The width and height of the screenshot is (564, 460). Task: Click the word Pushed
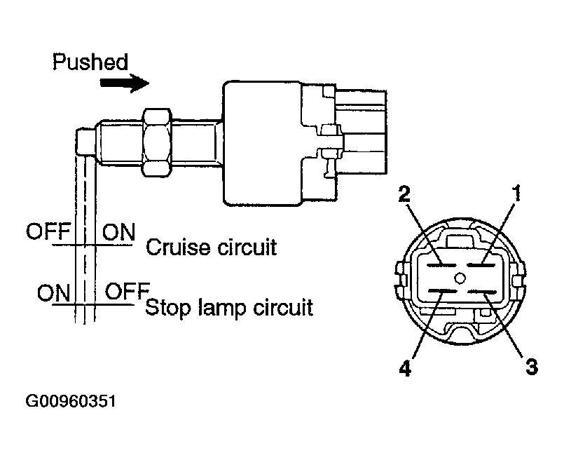point(90,62)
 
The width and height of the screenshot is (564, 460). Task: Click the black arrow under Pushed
point(125,83)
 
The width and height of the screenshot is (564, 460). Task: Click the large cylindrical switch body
point(262,144)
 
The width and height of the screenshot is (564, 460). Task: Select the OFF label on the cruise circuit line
point(48,231)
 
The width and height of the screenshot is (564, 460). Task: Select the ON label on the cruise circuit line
point(119,232)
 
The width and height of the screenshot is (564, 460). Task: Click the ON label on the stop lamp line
point(53,293)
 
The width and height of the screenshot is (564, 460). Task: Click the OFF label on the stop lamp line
point(128,291)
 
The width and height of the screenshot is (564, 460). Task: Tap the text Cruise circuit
point(212,248)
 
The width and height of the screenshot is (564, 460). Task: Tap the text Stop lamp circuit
point(229,308)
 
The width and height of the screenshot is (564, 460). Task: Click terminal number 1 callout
point(516,194)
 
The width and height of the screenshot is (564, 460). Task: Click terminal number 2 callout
point(405,194)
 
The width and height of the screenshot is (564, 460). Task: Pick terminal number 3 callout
point(531,367)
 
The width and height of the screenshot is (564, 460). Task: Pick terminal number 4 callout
point(406,368)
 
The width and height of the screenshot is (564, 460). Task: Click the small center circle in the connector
point(460,278)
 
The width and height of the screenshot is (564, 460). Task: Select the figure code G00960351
point(71,401)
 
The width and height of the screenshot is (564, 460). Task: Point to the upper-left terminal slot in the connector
point(441,266)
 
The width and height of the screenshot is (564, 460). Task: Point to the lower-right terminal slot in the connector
point(482,292)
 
